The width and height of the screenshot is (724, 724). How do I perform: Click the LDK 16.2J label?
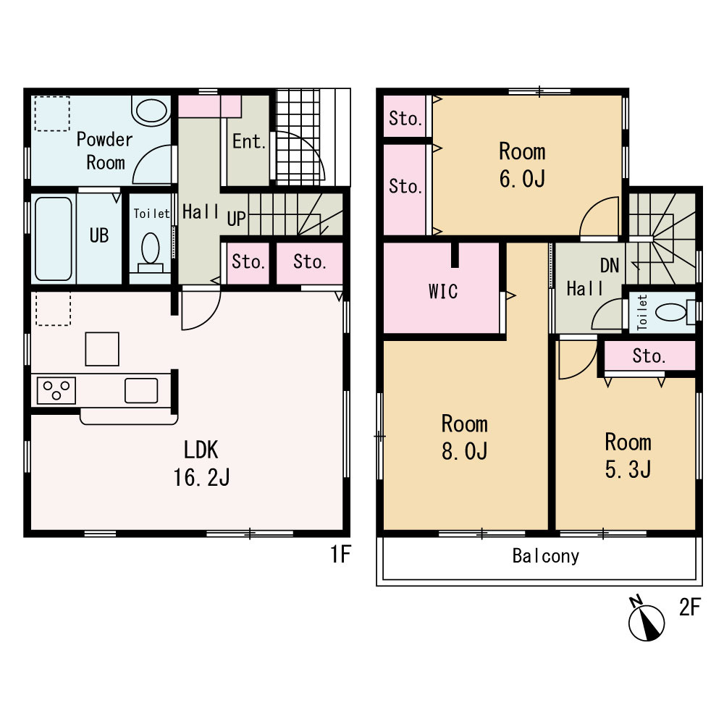click(201, 463)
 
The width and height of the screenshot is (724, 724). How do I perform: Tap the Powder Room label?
click(105, 151)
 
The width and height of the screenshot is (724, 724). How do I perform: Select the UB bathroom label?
click(98, 235)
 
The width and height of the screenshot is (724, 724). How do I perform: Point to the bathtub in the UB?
click(53, 239)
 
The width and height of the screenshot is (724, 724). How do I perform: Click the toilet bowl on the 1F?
click(151, 252)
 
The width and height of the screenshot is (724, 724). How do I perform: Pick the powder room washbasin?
click(151, 111)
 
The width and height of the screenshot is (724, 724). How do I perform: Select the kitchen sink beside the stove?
click(141, 391)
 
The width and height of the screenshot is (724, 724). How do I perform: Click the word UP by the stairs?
click(237, 219)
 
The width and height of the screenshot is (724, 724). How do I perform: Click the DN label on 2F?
click(610, 266)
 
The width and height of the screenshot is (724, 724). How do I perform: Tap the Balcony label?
click(546, 556)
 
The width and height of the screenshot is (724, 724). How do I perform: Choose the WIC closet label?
click(443, 291)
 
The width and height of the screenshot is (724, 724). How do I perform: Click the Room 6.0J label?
click(522, 165)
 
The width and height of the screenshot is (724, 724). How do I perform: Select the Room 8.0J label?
click(465, 437)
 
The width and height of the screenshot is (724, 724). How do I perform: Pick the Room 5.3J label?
click(628, 455)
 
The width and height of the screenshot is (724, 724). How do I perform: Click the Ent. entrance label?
click(249, 141)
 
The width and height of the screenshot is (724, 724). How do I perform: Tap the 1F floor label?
click(341, 554)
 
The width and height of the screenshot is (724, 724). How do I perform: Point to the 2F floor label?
click(690, 607)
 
